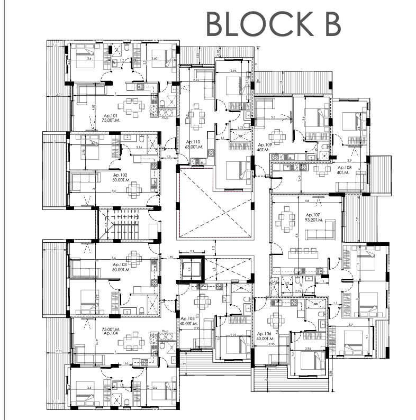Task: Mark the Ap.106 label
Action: [264, 334]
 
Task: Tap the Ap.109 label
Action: [264, 144]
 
